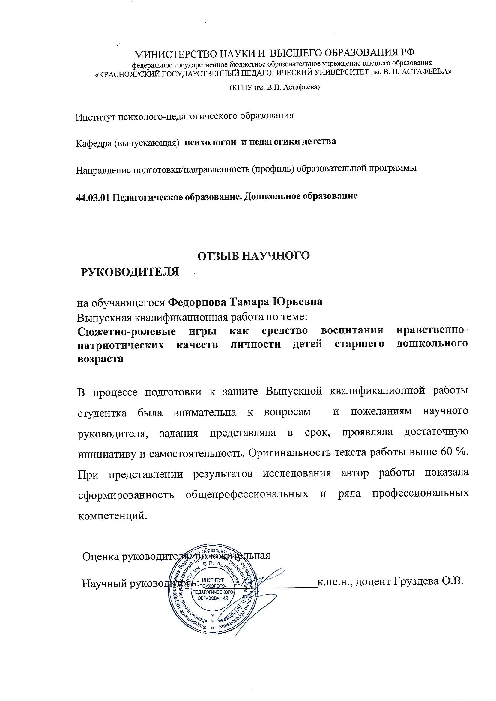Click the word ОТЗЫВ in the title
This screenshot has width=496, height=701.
pos(218,256)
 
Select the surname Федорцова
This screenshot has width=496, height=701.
pos(197,302)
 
